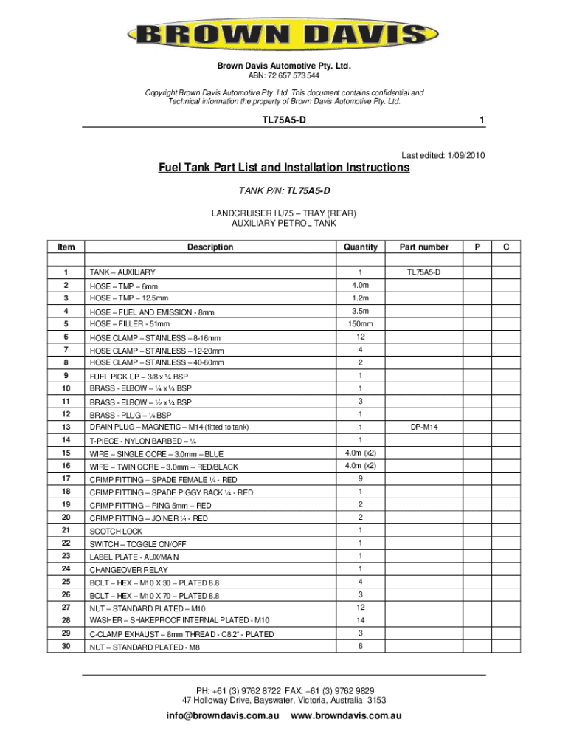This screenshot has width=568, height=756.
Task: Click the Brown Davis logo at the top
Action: (283, 33)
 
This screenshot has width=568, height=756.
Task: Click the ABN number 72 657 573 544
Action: (284, 76)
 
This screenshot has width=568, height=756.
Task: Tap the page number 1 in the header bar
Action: (481, 120)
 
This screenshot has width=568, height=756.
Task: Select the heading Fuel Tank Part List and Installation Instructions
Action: (284, 168)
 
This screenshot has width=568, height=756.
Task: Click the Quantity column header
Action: (360, 247)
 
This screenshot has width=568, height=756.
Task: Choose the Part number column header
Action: (423, 247)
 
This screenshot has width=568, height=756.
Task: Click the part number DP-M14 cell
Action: (423, 427)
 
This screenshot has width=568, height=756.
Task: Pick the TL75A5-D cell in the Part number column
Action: (423, 272)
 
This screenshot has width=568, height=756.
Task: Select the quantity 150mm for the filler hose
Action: (360, 324)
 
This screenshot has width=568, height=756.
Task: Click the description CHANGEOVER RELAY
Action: (128, 570)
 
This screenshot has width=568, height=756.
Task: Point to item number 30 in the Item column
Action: (66, 646)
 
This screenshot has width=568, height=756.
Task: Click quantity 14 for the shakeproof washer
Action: (360, 621)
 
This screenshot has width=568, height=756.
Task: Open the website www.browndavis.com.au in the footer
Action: (346, 715)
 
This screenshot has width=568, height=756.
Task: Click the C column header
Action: (506, 247)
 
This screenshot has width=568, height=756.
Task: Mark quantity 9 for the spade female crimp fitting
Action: (360, 478)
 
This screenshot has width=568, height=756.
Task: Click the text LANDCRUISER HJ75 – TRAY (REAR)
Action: (284, 213)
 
